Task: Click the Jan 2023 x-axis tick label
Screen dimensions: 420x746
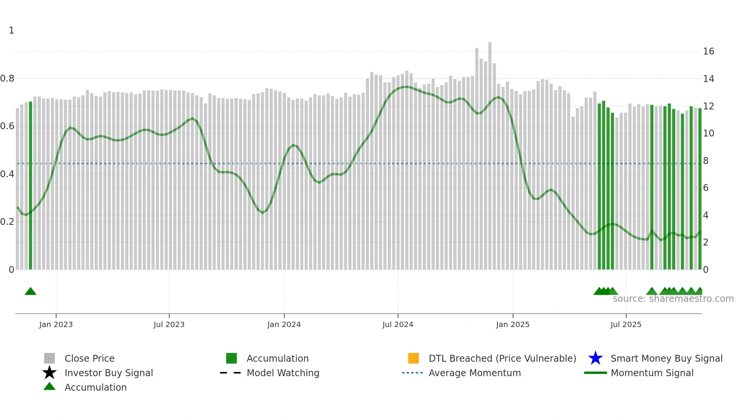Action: point(56,324)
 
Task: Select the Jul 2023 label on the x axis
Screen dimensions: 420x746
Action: point(169,324)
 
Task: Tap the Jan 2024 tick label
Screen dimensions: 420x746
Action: point(284,324)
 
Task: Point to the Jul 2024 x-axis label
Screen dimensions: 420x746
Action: point(398,324)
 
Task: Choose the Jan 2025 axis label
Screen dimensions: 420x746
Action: point(513,324)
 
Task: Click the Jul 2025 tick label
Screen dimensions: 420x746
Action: point(626,324)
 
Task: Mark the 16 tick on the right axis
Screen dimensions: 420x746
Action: point(708,51)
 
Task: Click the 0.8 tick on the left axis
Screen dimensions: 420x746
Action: point(7,79)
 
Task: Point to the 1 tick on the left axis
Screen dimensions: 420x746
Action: point(11,30)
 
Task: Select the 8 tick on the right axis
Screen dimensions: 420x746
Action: point(706,161)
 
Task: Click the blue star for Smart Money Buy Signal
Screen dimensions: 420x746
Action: point(595,358)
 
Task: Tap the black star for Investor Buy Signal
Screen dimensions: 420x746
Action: point(49,373)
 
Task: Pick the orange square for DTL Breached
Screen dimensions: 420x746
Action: point(413,358)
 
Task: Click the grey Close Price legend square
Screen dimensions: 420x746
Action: point(49,358)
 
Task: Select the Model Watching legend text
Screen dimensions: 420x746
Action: point(283,373)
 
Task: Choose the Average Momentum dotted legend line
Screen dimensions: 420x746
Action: point(413,373)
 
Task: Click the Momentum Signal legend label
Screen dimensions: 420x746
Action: point(652,373)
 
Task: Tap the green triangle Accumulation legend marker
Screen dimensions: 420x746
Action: point(49,386)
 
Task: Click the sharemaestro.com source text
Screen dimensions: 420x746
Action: point(673,299)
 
